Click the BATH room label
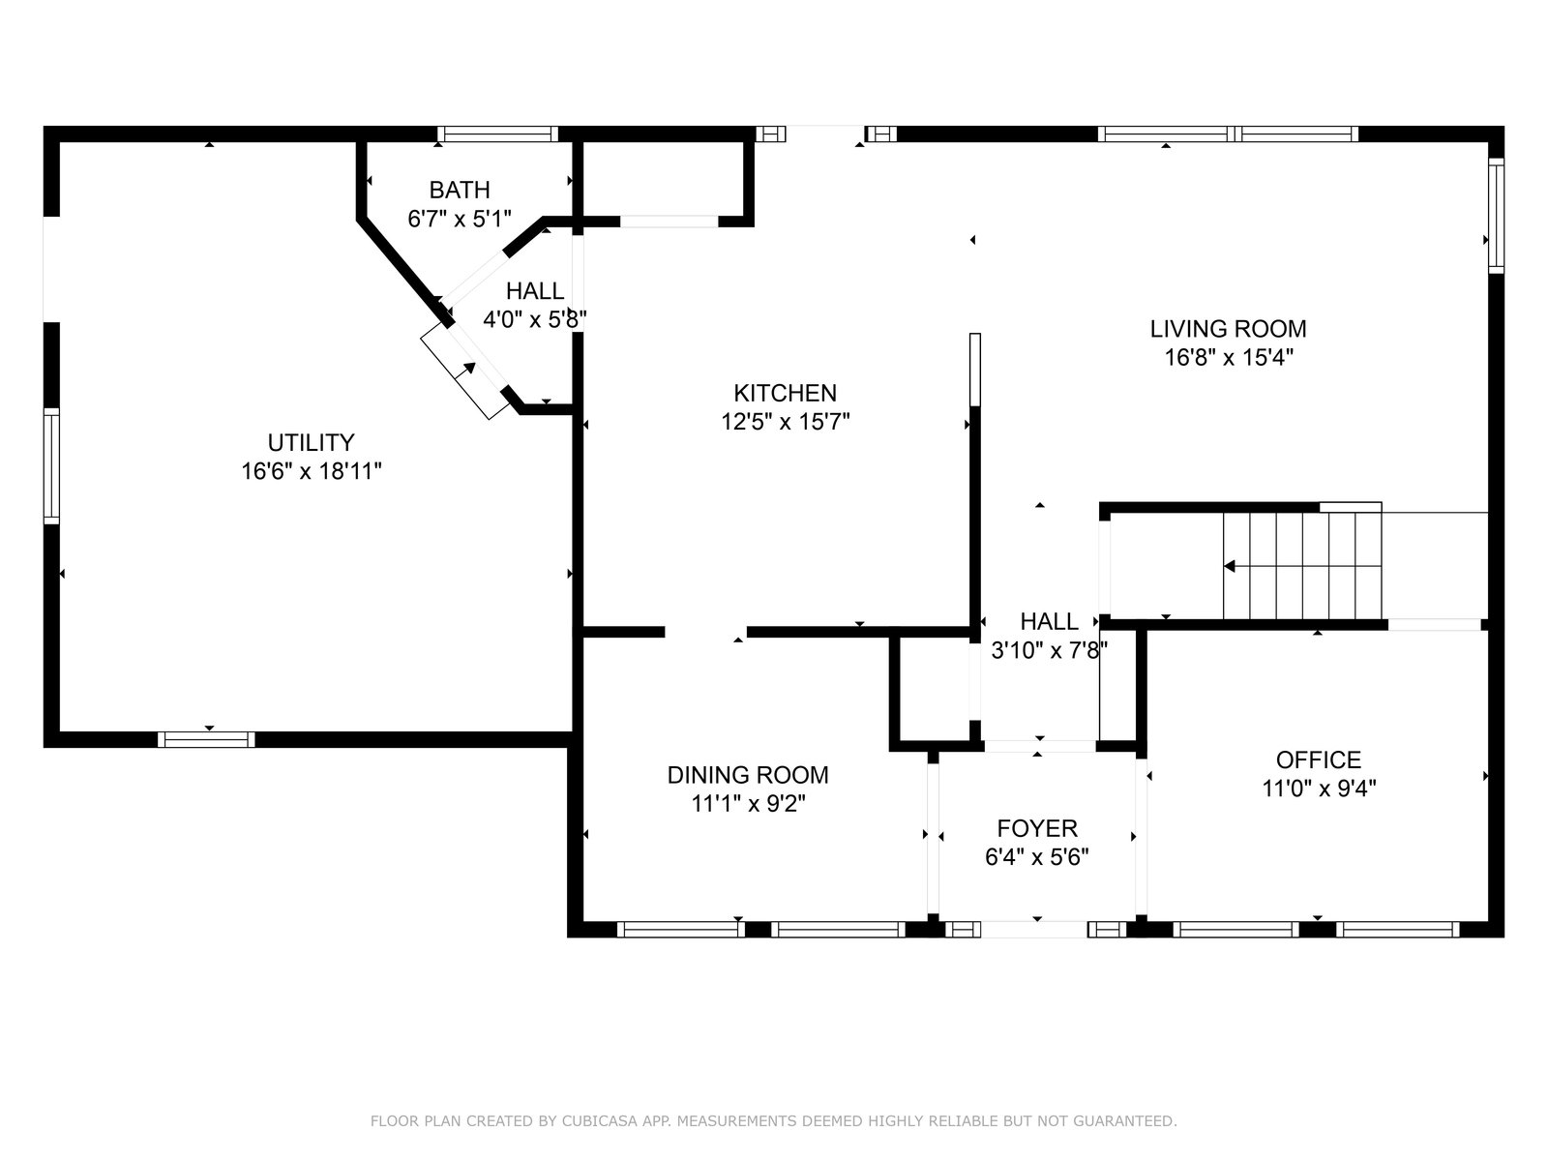click(x=460, y=190)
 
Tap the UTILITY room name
click(x=311, y=443)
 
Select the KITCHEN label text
click(x=785, y=393)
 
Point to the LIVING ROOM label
click(x=1228, y=329)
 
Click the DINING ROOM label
click(x=748, y=775)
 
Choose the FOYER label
click(x=1037, y=828)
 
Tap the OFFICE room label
click(x=1318, y=759)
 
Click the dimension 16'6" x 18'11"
click(x=311, y=471)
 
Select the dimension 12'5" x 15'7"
click(x=785, y=422)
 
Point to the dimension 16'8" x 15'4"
click(x=1228, y=357)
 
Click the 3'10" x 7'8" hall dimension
click(x=1049, y=650)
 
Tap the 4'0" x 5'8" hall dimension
click(x=535, y=320)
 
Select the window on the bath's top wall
click(x=498, y=134)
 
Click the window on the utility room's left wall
click(x=51, y=466)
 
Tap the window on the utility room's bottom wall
click(x=206, y=739)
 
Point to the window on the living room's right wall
click(x=1496, y=215)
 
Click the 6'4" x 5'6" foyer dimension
click(x=1037, y=857)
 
